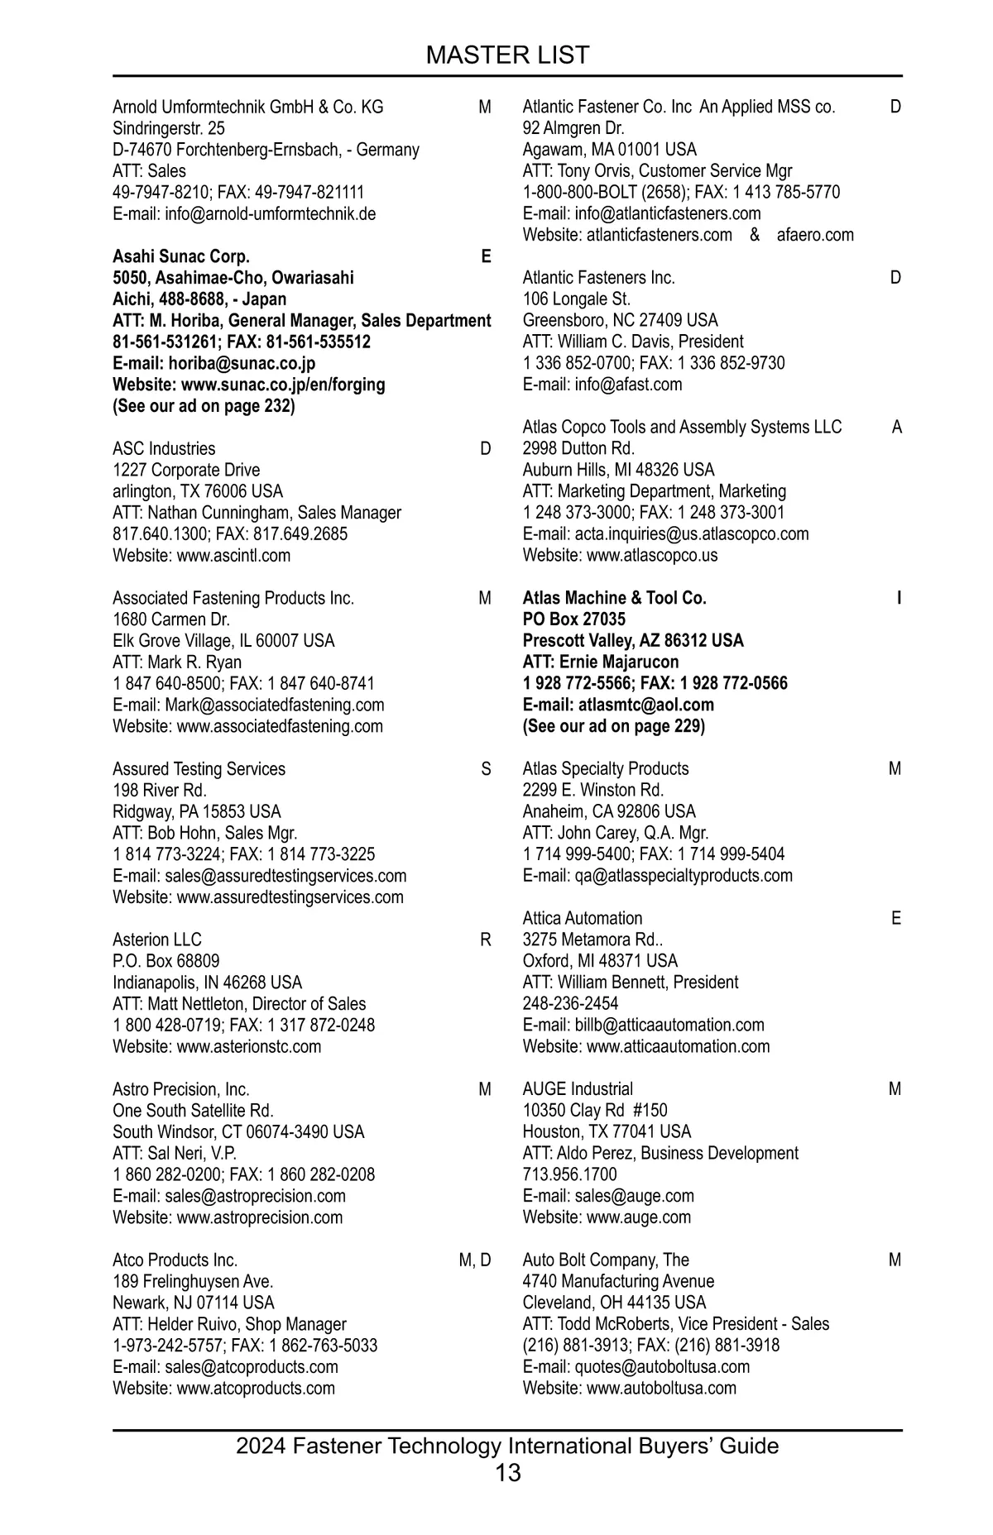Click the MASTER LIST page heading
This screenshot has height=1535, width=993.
[507, 55]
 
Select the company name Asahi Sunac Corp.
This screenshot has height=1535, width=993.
[181, 256]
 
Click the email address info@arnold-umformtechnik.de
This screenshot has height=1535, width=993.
[270, 214]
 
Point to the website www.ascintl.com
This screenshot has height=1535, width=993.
[233, 556]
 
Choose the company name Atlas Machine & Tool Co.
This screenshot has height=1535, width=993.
[614, 598]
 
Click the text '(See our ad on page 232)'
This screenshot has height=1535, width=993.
[204, 406]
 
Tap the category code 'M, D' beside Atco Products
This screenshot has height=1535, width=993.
[474, 1260]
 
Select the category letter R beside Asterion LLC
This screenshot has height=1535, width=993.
[485, 940]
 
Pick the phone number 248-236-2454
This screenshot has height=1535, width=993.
[570, 1004]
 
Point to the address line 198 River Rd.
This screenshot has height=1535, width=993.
[160, 791]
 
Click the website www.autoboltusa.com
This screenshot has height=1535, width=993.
[661, 1389]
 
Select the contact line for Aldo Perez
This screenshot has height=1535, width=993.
[660, 1154]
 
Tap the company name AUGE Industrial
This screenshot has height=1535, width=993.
[578, 1089]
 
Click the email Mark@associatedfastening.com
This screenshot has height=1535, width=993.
[275, 705]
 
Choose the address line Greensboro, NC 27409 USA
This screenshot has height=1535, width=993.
[620, 321]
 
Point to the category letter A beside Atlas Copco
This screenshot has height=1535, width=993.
[896, 428]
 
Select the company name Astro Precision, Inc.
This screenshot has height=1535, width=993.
[181, 1089]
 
